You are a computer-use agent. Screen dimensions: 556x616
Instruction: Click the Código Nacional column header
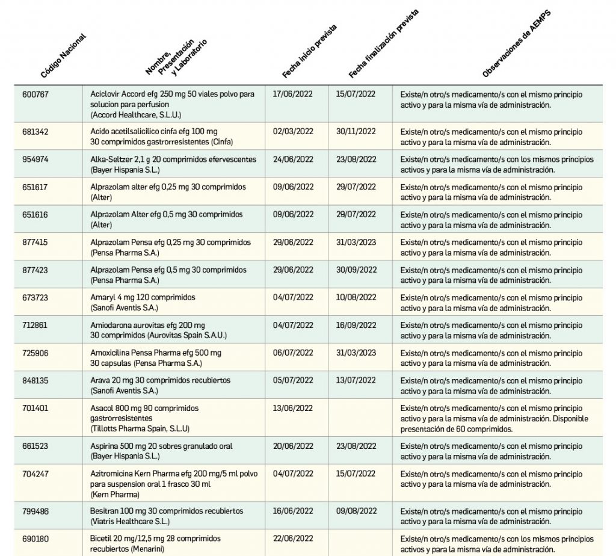point(63,57)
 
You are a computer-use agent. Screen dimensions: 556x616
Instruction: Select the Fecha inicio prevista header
point(309,52)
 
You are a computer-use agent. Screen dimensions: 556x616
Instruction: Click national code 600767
point(35,94)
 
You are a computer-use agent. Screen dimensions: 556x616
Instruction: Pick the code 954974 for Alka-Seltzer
point(35,159)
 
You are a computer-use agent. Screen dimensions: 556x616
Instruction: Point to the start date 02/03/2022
point(293,132)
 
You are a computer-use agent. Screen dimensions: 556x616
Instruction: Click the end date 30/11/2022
point(356,132)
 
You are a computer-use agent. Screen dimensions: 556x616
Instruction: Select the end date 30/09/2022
point(356,270)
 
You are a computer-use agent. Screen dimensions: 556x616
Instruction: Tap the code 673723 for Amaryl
point(35,298)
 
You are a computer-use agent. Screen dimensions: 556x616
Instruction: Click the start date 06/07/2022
point(293,353)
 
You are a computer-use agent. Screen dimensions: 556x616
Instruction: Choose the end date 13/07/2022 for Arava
point(356,381)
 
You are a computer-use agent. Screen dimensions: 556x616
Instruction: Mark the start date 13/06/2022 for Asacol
point(293,409)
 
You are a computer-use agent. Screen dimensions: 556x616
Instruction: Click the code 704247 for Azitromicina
point(35,474)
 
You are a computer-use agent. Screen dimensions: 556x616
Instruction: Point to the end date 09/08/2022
point(356,511)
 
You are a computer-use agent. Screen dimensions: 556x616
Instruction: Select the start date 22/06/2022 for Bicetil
point(293,539)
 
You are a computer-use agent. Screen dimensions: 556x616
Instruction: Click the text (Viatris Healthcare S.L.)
point(130,522)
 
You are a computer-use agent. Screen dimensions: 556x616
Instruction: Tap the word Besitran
point(104,511)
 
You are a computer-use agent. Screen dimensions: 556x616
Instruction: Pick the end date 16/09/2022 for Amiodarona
point(356,326)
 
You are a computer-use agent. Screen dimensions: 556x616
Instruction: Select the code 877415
point(35,242)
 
